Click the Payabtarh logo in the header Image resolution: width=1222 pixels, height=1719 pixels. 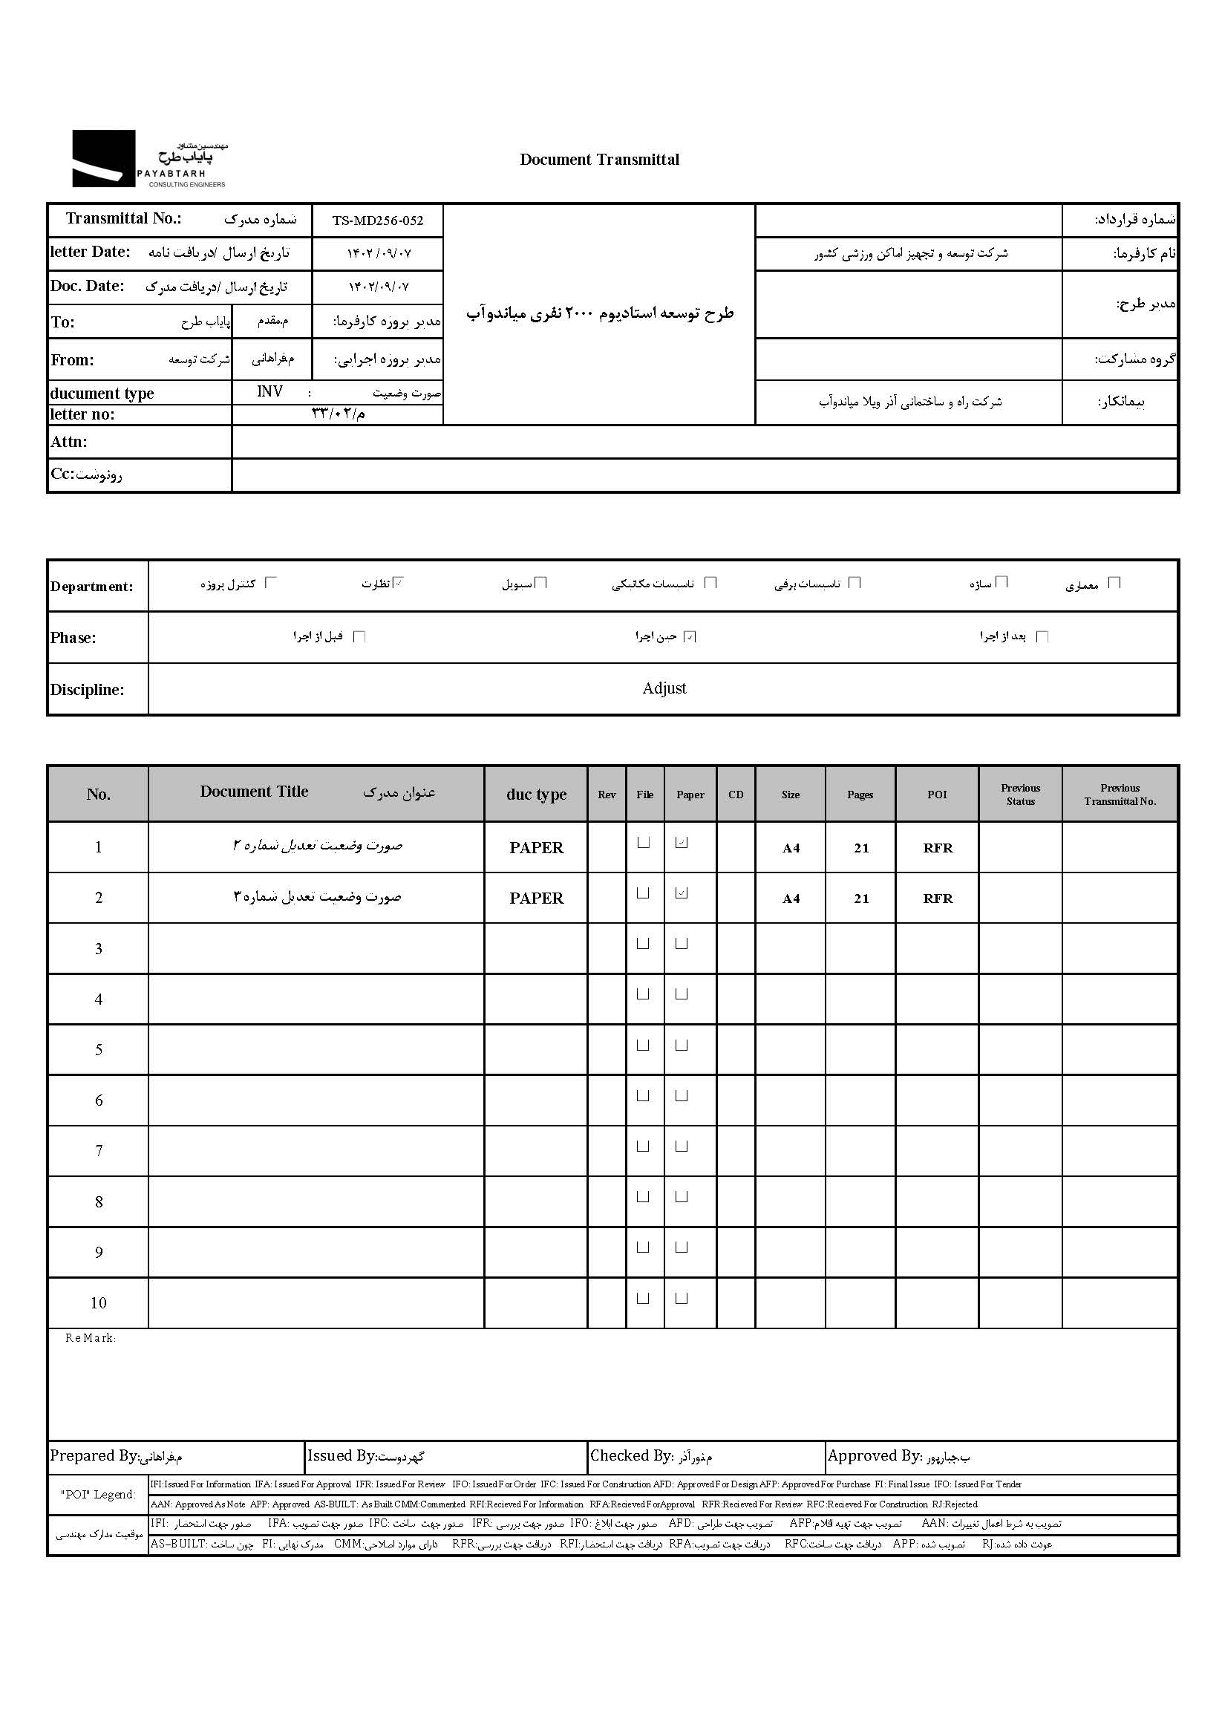click(149, 159)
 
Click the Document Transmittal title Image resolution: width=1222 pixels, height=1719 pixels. click(599, 160)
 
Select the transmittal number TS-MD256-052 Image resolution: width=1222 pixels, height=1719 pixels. click(378, 221)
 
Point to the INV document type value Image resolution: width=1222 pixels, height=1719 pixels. click(269, 391)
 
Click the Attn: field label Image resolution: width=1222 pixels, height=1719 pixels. click(68, 442)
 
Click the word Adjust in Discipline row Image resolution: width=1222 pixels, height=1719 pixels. click(664, 688)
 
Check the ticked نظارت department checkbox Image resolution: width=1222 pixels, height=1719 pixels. click(399, 581)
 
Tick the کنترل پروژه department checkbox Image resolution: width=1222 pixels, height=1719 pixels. click(272, 581)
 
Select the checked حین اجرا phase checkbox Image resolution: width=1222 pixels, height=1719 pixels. click(690, 636)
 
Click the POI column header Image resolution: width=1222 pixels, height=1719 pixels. click(937, 794)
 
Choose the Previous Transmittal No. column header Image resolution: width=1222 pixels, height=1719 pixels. click(1120, 794)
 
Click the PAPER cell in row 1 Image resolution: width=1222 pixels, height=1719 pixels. click(536, 847)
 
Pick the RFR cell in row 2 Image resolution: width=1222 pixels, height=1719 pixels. click(938, 898)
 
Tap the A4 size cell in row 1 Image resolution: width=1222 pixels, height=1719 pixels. click(790, 848)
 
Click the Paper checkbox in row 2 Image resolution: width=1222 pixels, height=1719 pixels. click(682, 893)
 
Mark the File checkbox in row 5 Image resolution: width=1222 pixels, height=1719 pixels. click(644, 1045)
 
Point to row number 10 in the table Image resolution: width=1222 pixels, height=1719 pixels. click(99, 1302)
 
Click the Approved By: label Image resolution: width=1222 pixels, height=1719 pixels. click(874, 1455)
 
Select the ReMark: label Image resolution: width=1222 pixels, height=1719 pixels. click(91, 1337)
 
